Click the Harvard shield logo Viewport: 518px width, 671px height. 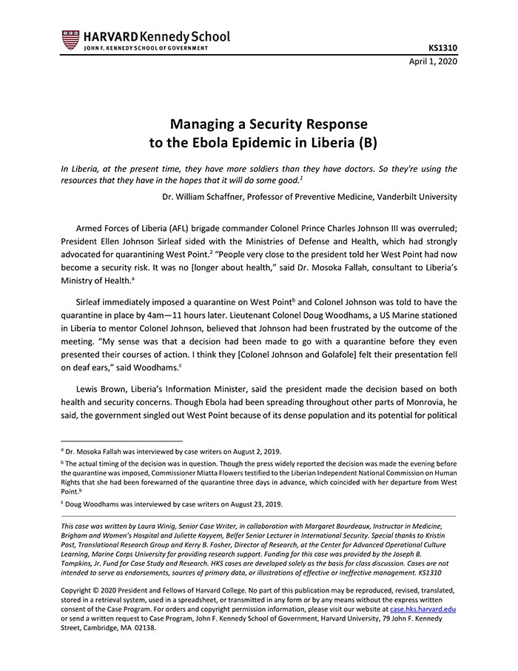(70, 40)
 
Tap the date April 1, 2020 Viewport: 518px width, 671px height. (433, 61)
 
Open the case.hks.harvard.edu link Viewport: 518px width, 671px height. (423, 609)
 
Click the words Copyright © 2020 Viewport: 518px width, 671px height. (97, 591)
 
